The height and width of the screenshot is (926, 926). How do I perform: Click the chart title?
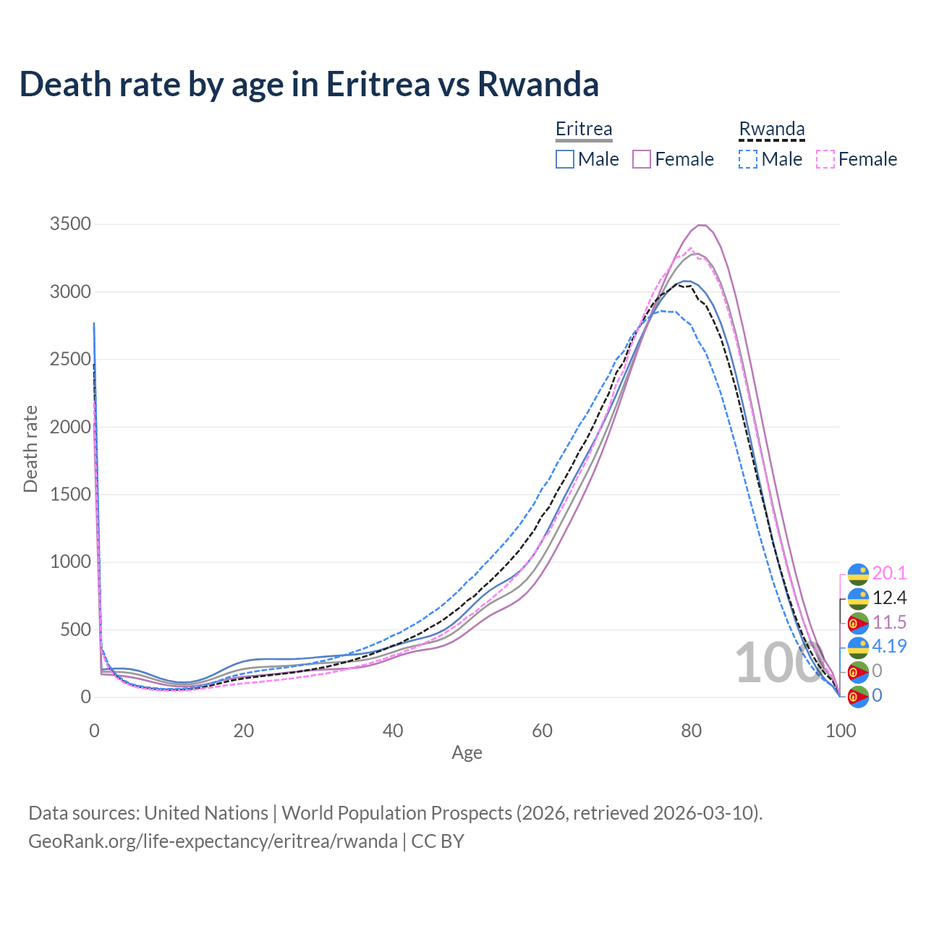tap(309, 84)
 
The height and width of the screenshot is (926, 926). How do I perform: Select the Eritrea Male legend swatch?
tap(565, 159)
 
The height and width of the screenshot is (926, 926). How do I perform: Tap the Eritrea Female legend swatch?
tap(642, 159)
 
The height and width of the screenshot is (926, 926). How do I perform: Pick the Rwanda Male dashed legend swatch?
tap(748, 159)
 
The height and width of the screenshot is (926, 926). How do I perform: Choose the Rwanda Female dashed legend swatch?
tap(825, 159)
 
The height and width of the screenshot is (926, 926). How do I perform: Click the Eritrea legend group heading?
tap(584, 129)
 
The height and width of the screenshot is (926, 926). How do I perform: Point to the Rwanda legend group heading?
tap(771, 129)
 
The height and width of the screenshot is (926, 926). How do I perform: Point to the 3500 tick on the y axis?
tap(70, 224)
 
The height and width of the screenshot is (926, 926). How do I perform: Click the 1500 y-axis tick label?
tap(70, 495)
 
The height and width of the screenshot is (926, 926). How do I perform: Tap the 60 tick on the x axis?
tap(542, 731)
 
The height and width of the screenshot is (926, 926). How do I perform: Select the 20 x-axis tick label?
tap(244, 731)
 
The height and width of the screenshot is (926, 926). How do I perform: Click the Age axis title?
tap(467, 753)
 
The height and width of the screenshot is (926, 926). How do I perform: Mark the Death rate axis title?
tap(30, 449)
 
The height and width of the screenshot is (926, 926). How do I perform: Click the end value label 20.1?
tap(889, 574)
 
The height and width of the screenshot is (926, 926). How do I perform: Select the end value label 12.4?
tap(889, 598)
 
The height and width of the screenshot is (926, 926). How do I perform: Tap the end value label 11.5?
tap(889, 623)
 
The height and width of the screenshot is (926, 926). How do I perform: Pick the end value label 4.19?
tap(889, 647)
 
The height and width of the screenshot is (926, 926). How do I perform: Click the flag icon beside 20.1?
tap(858, 574)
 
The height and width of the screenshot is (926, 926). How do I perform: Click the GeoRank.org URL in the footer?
tap(213, 841)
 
